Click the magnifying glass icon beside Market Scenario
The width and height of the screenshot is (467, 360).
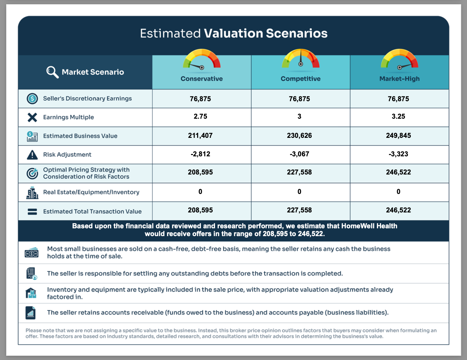[53, 72]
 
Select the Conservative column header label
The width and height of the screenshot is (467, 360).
[202, 79]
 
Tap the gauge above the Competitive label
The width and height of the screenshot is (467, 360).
[300, 58]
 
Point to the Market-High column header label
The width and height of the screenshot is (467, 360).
[399, 79]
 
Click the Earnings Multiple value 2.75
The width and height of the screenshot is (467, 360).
[200, 116]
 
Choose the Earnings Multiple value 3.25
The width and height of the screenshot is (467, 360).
[398, 116]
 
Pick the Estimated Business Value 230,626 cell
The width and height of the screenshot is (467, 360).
[299, 135]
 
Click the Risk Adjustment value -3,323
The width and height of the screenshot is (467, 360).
[398, 154]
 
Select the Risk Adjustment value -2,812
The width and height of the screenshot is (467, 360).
[200, 154]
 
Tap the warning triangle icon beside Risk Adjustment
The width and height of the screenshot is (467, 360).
[32, 155]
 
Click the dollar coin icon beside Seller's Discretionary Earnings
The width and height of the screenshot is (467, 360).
[32, 99]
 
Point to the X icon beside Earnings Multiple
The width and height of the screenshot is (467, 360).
[32, 117]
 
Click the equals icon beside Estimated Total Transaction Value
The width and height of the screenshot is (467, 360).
[32, 212]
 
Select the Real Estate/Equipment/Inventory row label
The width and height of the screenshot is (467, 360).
[91, 192]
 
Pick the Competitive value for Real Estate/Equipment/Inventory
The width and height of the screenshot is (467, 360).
[299, 191]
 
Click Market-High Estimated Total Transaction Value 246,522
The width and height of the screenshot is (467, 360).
[398, 210]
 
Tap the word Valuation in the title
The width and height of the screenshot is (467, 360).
[233, 33]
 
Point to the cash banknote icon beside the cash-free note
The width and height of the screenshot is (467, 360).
[31, 253]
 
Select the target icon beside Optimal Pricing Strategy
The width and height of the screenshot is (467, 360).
[32, 173]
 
